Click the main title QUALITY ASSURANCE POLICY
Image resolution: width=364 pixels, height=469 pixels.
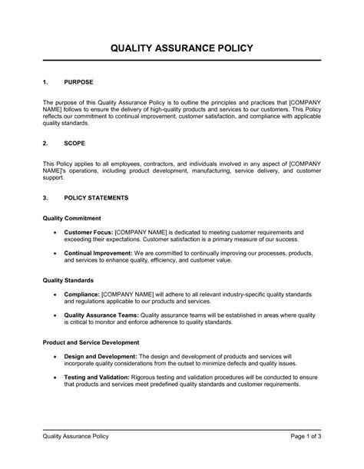click(181, 48)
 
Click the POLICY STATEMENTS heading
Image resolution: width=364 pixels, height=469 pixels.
click(97, 197)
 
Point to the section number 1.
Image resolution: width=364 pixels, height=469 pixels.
click(45, 81)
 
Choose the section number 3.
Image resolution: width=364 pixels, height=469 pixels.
click(45, 197)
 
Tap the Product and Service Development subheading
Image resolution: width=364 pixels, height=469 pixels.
click(91, 342)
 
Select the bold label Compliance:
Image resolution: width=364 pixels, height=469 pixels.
click(81, 293)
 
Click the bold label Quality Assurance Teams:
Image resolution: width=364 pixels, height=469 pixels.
click(99, 314)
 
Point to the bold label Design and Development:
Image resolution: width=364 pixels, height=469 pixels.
click(101, 356)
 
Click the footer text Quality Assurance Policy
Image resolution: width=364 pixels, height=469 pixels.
click(75, 437)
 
